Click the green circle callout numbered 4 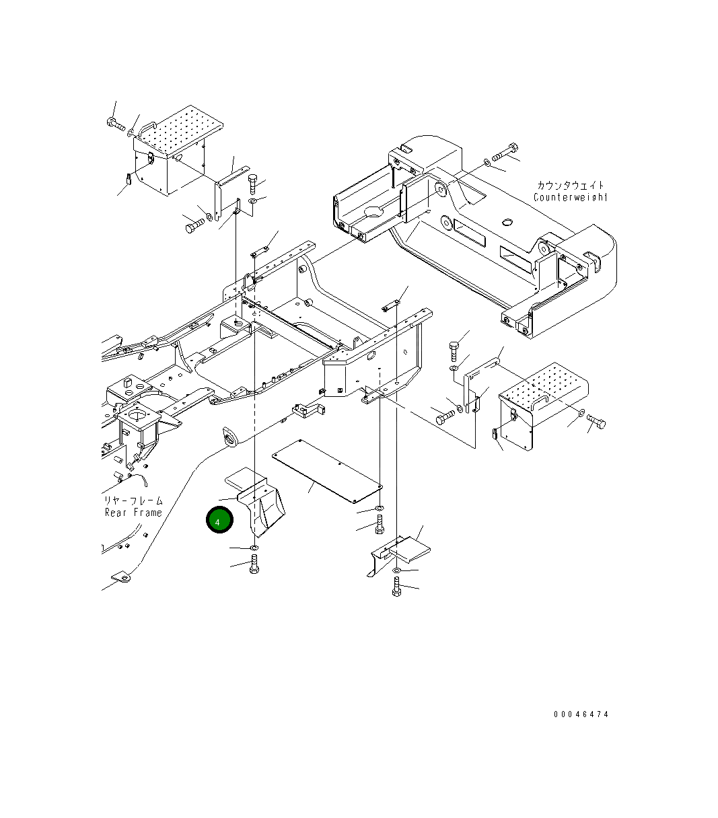point(219,521)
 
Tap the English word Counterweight point(570,197)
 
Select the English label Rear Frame point(133,513)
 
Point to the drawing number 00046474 point(581,714)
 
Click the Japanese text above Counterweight point(570,185)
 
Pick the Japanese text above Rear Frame point(133,500)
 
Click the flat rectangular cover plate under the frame point(327,470)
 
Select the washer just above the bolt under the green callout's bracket point(254,549)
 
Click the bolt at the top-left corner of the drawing point(116,124)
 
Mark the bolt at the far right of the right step point(596,421)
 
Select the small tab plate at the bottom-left point(122,577)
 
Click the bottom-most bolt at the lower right point(396,587)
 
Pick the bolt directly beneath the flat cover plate point(379,523)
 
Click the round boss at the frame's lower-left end point(230,437)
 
